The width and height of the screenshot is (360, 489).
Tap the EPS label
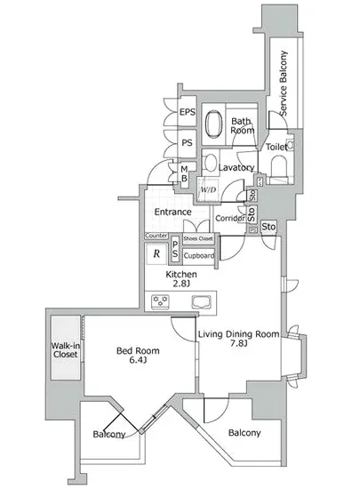[x=187, y=112]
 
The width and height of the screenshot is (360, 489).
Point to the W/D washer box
[x=209, y=189]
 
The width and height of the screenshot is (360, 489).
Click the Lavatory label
[x=237, y=167]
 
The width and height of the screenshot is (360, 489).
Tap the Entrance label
[x=173, y=212]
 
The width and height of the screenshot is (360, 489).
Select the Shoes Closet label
[x=198, y=238]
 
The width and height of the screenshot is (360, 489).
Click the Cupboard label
[x=198, y=255]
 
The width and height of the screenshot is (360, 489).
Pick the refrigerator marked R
[x=156, y=253]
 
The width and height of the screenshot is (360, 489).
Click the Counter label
[x=156, y=235]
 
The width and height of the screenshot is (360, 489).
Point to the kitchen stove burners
[x=163, y=301]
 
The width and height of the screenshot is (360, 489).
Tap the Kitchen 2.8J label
[x=180, y=280]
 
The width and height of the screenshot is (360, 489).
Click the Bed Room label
[x=136, y=355]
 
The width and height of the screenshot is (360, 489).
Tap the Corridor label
[x=228, y=219]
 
